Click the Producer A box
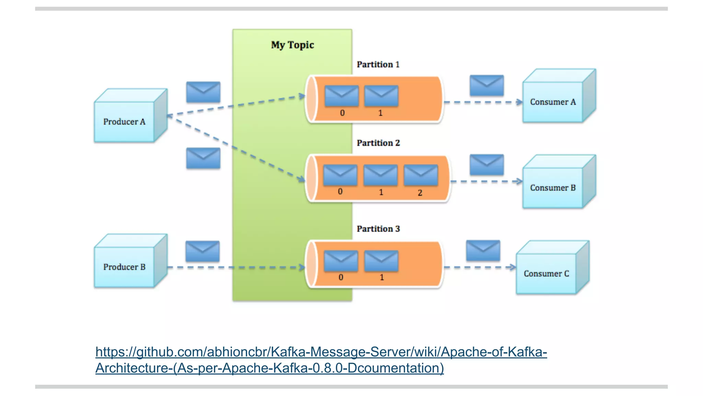125,121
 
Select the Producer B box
125,267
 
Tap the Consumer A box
553,102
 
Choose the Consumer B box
553,188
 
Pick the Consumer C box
546,274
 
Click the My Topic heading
292,45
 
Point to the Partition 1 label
378,65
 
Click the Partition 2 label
378,143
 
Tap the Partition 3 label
378,229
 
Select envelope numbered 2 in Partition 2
421,175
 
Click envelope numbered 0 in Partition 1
342,96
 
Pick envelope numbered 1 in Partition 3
381,261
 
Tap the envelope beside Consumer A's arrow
487,85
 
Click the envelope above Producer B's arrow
203,251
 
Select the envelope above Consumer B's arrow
487,165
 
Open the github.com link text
321,352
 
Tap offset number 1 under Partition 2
381,192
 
